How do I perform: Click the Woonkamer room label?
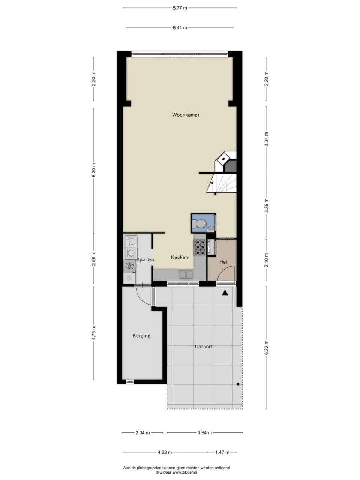(186, 115)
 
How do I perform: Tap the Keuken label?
(179, 257)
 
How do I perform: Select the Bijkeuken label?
(145, 260)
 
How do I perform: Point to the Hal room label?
(223, 262)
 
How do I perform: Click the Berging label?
(141, 336)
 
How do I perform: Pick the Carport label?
(204, 346)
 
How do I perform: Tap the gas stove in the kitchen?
(200, 247)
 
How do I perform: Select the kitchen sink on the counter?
(186, 275)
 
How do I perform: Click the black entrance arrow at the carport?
(225, 293)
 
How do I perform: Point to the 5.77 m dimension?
(180, 8)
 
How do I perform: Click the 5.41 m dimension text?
(180, 28)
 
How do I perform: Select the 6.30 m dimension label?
(94, 170)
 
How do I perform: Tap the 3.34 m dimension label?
(266, 139)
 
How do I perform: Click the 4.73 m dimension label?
(94, 333)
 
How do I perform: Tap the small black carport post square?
(238, 384)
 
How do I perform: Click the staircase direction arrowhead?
(211, 183)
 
